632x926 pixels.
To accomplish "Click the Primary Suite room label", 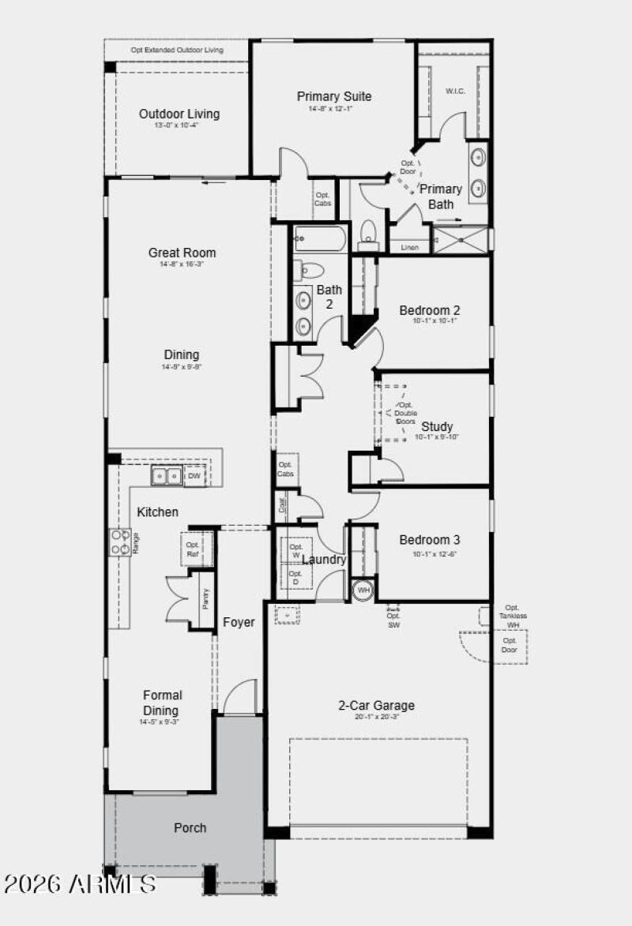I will click(334, 96).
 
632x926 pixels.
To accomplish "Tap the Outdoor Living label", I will click(179, 114).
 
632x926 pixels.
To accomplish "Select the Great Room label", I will click(182, 253).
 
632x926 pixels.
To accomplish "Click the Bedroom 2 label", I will click(429, 310).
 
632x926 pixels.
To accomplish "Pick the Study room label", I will click(437, 427).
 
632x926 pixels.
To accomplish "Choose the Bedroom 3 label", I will click(429, 540).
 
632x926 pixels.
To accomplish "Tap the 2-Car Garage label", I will click(377, 706).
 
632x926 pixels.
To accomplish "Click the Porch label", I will click(190, 827).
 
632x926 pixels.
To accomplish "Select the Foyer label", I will click(239, 622).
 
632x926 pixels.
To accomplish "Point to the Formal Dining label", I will click(162, 703).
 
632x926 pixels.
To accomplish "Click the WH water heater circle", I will click(363, 590).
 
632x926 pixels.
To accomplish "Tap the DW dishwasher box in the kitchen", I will click(194, 476).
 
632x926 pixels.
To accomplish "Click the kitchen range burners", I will click(119, 542).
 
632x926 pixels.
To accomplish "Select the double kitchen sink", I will click(167, 476).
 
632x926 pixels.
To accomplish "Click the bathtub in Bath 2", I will click(320, 239).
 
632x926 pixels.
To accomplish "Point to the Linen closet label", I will click(409, 247).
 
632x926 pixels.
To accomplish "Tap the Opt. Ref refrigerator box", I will click(194, 549).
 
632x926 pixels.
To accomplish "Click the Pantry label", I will click(205, 600).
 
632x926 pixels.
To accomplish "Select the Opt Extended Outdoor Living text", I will click(177, 50).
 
